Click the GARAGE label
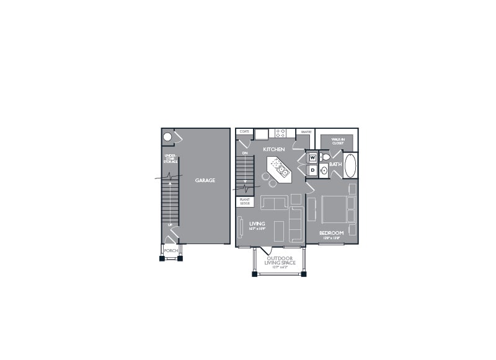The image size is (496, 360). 205,180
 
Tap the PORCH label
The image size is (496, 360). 170,250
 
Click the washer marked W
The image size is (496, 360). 312,157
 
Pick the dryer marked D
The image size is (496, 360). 312,169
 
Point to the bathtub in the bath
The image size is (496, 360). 350,165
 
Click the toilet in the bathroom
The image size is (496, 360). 326,157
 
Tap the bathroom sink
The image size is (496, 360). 324,170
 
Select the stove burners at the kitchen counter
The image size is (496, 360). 280,133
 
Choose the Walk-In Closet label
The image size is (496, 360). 337,142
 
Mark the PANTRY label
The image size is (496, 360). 305,132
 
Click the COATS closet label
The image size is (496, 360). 244,132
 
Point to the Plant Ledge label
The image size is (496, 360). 244,201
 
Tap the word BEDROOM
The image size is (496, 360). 331,233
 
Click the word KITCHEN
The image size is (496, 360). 273,149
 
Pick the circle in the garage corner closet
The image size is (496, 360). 167,137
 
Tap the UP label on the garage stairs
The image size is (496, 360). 170,224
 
